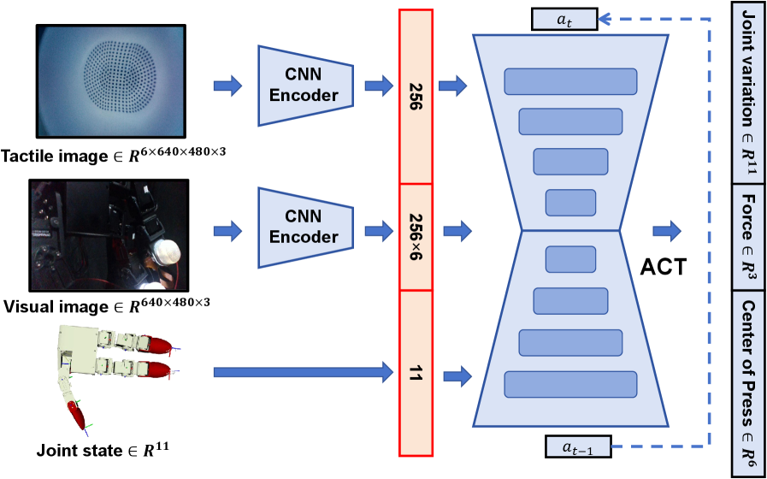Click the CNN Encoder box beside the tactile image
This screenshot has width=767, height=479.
pos(304,85)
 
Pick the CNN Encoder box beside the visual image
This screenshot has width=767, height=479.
pos(304,226)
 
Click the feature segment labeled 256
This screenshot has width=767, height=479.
pos(416,96)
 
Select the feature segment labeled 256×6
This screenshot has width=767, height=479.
pos(416,237)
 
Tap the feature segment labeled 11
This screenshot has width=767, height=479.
pos(416,373)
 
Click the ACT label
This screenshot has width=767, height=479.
pos(663,267)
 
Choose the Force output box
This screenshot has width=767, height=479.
pos(747,232)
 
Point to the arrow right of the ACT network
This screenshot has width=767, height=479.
pos(666,230)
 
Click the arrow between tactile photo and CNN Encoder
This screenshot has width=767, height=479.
pos(227,85)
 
